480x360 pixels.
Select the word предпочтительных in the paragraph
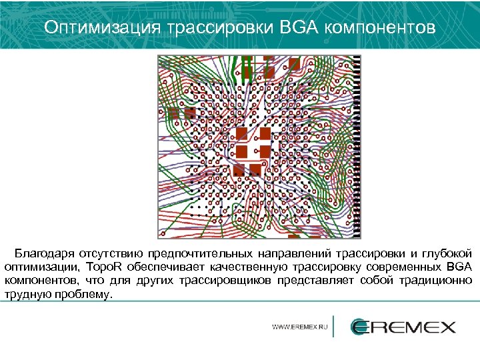[x=199, y=254]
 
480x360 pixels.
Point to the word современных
[x=399, y=267]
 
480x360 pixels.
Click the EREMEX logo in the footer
[x=403, y=327]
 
